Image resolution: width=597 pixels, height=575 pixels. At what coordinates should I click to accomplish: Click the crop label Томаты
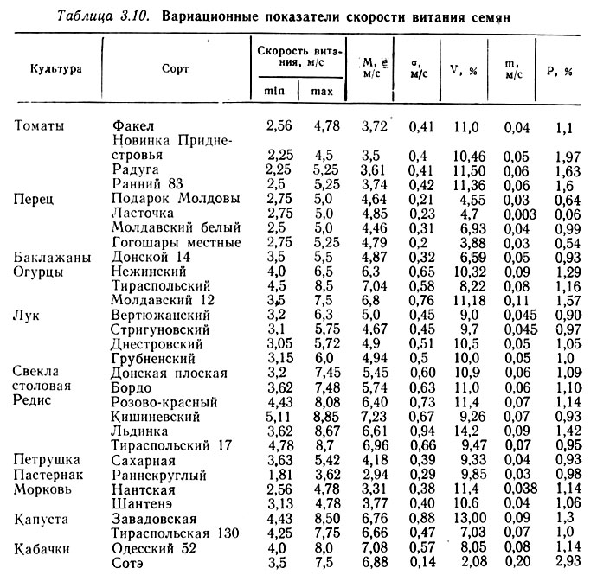coord(40,126)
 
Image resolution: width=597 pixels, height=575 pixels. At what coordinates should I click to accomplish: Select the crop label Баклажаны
coord(48,257)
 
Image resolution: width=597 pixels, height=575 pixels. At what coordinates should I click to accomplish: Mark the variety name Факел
coord(133,126)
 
